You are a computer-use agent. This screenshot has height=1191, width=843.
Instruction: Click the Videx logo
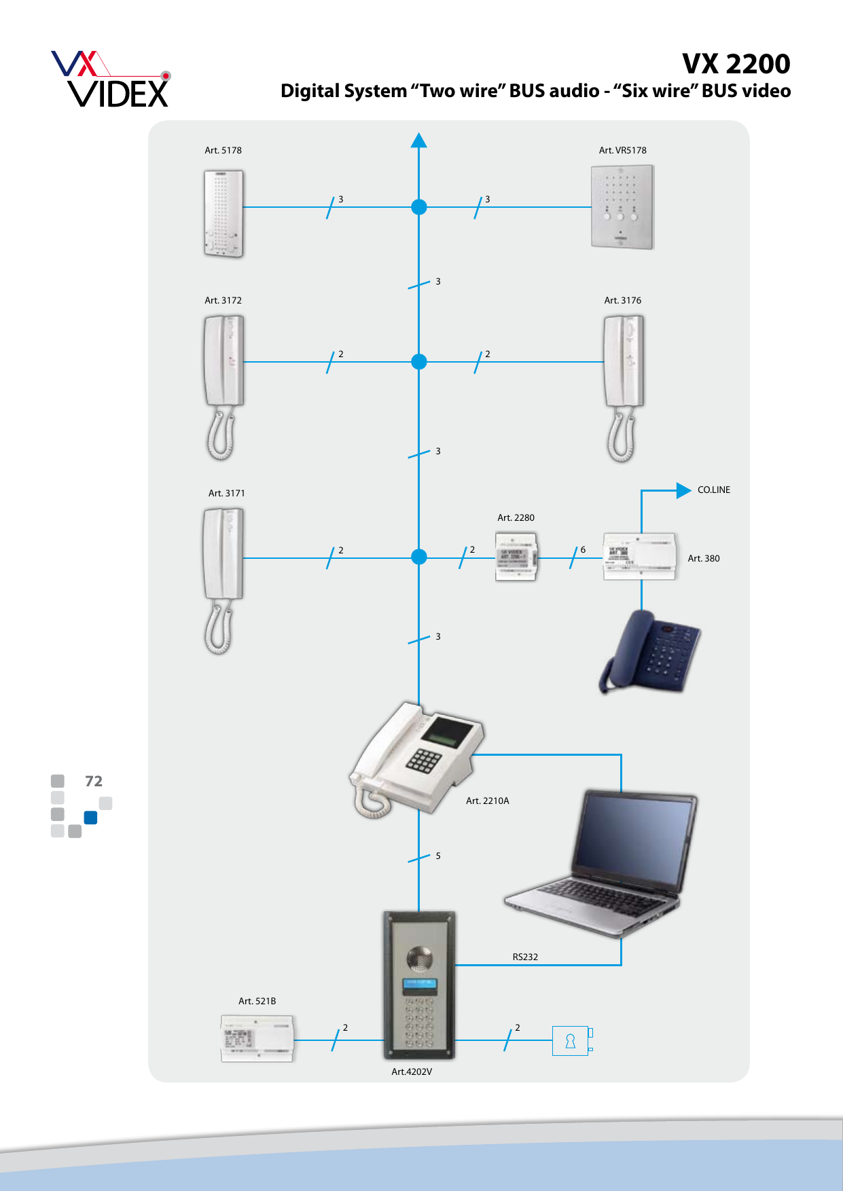tap(111, 79)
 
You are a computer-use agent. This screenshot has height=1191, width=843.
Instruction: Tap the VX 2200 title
tap(736, 64)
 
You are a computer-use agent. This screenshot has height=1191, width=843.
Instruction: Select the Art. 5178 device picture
tap(223, 213)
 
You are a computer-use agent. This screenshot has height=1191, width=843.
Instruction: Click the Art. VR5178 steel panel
tap(622, 207)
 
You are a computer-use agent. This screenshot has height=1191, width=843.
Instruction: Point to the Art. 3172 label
tap(223, 300)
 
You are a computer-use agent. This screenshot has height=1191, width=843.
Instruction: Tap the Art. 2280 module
tap(516, 557)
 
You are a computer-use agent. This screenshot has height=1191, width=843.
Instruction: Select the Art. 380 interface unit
tap(639, 557)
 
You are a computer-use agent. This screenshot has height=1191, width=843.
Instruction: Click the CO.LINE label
tap(714, 490)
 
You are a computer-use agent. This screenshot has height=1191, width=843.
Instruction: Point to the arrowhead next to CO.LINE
tap(683, 490)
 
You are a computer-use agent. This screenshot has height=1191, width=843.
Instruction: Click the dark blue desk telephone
tap(651, 651)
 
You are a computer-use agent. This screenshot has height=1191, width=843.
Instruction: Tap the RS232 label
tap(525, 957)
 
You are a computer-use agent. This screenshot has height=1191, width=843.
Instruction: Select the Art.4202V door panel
tap(419, 985)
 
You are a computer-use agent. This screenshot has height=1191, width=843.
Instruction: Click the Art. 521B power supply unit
tap(257, 1038)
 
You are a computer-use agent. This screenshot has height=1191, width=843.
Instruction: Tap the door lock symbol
tap(571, 1041)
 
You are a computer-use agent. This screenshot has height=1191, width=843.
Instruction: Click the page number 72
tap(94, 781)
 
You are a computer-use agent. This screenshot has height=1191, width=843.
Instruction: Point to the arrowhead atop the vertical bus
tap(419, 140)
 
